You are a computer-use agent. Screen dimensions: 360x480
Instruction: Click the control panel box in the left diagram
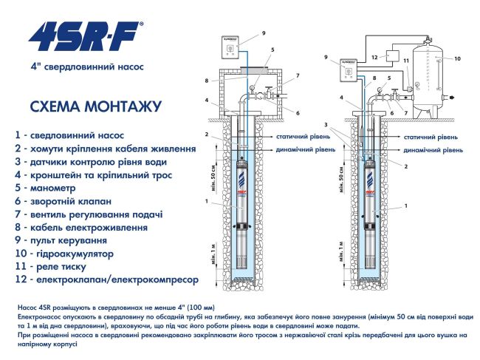231,48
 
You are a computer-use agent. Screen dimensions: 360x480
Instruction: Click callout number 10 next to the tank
457,58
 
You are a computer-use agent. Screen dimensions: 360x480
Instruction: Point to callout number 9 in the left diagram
263,33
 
